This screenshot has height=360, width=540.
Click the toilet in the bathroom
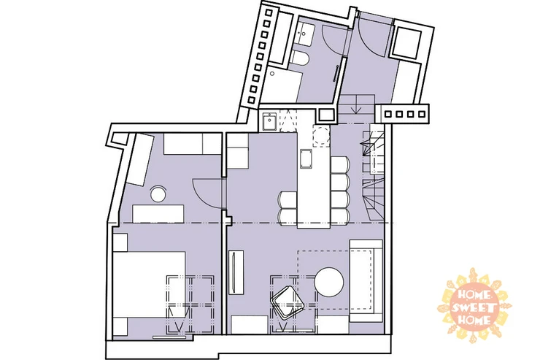coord(299,58)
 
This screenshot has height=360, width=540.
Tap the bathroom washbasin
coord(304,34)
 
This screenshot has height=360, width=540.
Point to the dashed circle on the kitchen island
coord(320,136)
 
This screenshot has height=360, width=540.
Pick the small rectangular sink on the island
coord(306,158)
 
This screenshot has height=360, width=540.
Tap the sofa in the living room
coord(366,280)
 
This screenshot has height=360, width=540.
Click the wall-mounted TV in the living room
coord(236,272)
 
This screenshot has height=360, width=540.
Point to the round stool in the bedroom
coord(158,194)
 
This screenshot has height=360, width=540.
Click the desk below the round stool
coord(158,214)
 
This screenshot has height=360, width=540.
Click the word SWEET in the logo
coord(474,307)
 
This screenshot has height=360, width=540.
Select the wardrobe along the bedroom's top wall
coord(192,144)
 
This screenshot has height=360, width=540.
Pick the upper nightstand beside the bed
coord(120,242)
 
